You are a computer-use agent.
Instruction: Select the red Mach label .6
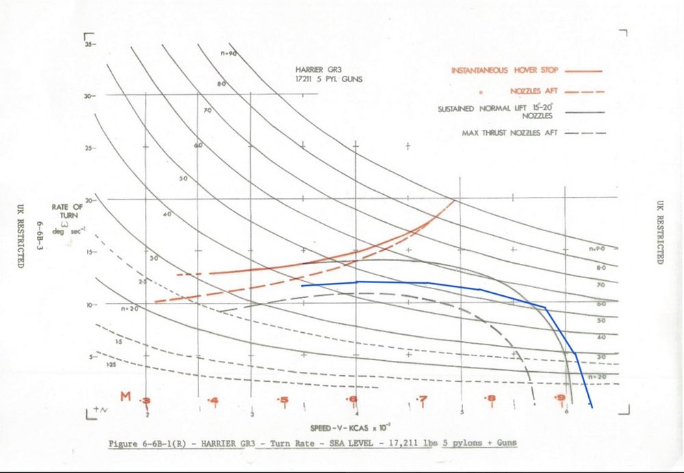pos(352,399)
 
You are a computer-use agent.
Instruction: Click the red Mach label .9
pos(560,399)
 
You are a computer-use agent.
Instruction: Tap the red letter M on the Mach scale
pos(126,396)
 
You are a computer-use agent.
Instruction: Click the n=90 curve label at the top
pos(228,53)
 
